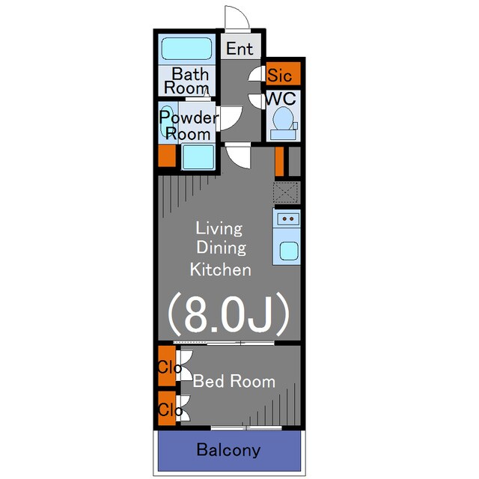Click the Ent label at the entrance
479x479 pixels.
tap(239, 49)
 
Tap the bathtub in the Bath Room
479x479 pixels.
tap(186, 49)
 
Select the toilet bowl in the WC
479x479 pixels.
tap(283, 118)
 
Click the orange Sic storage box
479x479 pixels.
tap(284, 73)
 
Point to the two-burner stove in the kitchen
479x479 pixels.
tap(287, 219)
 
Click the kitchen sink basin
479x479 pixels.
tap(289, 251)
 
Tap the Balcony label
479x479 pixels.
tap(229, 450)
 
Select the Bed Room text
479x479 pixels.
tap(234, 381)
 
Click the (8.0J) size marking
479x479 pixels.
tap(228, 314)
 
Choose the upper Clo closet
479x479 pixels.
tap(167, 366)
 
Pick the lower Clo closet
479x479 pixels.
tap(167, 409)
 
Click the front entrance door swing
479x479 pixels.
tap(237, 17)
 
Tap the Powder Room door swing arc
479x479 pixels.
tap(231, 118)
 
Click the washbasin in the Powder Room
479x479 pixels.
tap(166, 121)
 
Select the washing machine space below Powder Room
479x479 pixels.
tap(198, 157)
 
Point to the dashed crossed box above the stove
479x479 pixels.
tap(286, 192)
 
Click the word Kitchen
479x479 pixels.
tap(220, 269)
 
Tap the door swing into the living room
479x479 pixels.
tap(238, 157)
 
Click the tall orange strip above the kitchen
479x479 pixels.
tap(279, 161)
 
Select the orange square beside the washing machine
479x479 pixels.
tap(167, 156)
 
